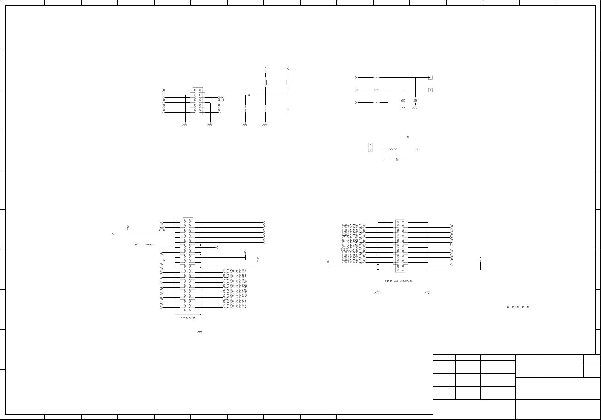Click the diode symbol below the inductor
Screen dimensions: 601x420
coord(398,160)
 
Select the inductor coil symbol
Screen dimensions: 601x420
coord(393,150)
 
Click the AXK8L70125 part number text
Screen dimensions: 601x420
coord(189,318)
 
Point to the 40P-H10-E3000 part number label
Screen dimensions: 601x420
coord(399,281)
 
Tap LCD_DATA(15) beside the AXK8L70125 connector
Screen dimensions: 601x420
coord(239,290)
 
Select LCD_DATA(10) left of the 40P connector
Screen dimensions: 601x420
coord(350,237)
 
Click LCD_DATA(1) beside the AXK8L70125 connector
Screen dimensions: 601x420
coord(238,307)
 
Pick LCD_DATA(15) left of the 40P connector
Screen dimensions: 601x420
coord(350,245)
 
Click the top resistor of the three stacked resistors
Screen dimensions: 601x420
coord(377,78)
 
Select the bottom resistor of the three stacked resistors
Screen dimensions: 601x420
coord(377,102)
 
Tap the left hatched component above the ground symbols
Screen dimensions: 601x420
coord(403,100)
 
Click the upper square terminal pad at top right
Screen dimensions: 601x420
coord(430,78)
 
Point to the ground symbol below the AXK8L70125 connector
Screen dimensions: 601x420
coord(199,332)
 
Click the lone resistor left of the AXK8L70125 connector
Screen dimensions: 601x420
coord(149,245)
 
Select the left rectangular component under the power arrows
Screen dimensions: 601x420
coord(265,82)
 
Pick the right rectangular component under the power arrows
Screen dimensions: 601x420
coord(288,82)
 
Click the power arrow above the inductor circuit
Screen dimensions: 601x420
coord(408,137)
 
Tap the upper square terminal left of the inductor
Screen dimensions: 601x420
coord(370,145)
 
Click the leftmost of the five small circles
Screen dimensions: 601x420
coord(508,307)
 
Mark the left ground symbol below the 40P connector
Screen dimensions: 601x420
coord(377,292)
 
